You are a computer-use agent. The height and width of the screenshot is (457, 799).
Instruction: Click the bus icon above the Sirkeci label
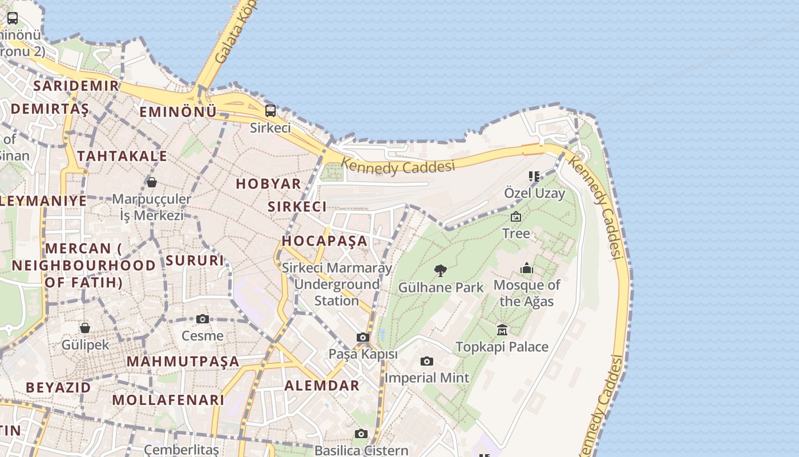coord(271,110)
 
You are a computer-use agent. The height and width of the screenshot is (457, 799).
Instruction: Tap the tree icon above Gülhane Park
coord(440,270)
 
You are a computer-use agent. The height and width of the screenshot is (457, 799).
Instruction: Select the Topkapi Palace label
coord(502,347)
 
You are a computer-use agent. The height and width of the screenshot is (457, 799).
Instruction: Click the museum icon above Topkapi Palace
coord(502,330)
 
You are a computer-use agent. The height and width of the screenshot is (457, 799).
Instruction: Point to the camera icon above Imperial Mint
coord(426,361)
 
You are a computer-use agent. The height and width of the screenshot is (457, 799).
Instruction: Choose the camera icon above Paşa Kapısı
coord(362,337)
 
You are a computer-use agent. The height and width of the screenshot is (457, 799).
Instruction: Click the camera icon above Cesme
coord(202,319)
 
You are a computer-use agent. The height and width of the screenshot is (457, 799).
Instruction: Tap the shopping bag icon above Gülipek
coord(84,328)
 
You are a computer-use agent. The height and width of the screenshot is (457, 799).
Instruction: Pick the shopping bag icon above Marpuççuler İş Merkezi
coord(151,182)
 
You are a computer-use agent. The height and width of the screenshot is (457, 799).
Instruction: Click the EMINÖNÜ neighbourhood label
coord(178,112)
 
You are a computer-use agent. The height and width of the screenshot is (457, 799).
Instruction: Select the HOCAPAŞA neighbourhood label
coord(324,240)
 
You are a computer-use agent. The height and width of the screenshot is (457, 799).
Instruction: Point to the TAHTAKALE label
coord(122,156)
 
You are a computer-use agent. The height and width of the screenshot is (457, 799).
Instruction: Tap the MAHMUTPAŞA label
coord(183,361)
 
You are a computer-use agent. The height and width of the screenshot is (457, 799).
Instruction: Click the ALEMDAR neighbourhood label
coord(322,386)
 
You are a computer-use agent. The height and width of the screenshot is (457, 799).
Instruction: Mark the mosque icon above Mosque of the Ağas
coord(526,268)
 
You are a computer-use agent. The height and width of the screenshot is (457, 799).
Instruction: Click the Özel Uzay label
coord(534,193)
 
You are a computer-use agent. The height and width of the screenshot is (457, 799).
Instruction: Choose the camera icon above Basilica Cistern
coord(361,434)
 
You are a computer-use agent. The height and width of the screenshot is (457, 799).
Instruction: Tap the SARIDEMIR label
coord(76,86)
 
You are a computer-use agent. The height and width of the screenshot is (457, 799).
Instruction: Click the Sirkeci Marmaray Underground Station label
coord(337,284)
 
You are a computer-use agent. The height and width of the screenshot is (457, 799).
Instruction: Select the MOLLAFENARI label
coord(168,400)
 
